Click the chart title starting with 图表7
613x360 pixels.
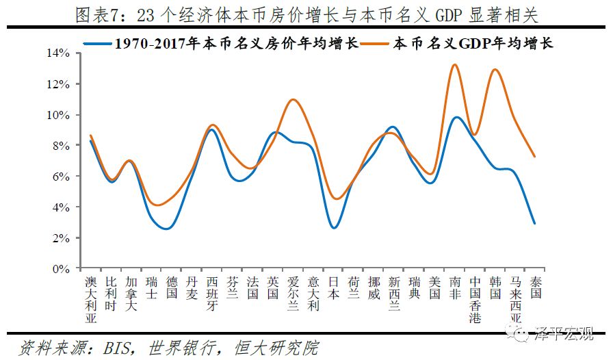point(306,14)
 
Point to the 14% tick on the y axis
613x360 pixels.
point(58,53)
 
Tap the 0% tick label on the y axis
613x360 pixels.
point(61,269)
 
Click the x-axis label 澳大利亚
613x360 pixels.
point(90,299)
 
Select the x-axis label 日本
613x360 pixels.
point(333,287)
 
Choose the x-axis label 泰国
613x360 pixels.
point(536,287)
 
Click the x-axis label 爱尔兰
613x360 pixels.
point(293,293)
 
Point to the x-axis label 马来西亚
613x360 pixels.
point(516,299)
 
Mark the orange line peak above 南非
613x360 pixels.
point(454,64)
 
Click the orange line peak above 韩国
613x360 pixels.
point(495,69)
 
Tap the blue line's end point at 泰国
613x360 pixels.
point(535,223)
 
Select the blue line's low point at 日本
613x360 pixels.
point(333,228)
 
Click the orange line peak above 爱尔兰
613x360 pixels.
point(293,99)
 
